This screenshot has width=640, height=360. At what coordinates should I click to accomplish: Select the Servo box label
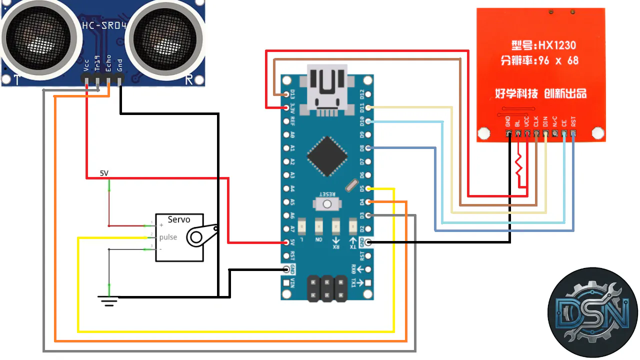pos(179,219)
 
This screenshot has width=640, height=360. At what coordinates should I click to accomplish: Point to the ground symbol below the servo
pos(108,300)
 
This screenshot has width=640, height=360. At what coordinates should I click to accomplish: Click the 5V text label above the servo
pos(104,173)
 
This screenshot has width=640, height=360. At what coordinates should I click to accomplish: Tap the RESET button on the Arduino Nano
pos(327,203)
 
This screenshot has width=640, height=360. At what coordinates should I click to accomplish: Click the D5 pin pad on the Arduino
pos(368,189)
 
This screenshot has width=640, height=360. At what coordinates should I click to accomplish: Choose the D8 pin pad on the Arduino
pos(368,148)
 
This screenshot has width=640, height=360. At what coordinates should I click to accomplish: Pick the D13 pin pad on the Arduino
pos(286,93)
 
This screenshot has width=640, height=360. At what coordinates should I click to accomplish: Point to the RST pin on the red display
pos(573,133)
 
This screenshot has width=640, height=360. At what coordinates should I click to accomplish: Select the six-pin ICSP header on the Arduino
pos(327,288)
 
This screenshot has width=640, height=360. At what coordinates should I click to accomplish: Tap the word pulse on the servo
pos(168,237)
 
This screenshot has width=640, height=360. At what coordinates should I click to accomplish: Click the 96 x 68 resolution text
pos(557,60)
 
